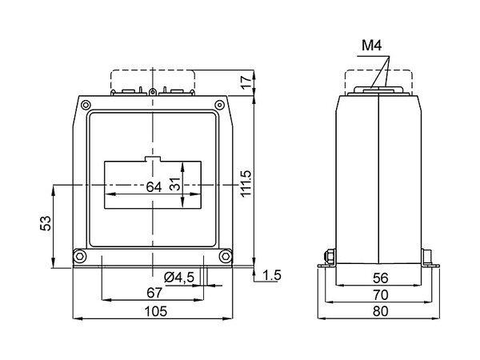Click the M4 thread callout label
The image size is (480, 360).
tap(372, 46)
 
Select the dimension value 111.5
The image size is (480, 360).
tap(246, 183)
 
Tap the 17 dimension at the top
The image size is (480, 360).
tap(246, 82)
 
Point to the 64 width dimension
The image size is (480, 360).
tap(154, 186)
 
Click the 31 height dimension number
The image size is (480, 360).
tap(175, 184)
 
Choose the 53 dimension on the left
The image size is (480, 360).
tap(46, 223)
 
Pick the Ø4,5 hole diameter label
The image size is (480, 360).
tap(179, 278)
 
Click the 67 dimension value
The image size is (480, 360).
tap(154, 293)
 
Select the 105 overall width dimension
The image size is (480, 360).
tap(156, 311)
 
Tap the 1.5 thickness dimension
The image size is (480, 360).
tap(272, 275)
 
